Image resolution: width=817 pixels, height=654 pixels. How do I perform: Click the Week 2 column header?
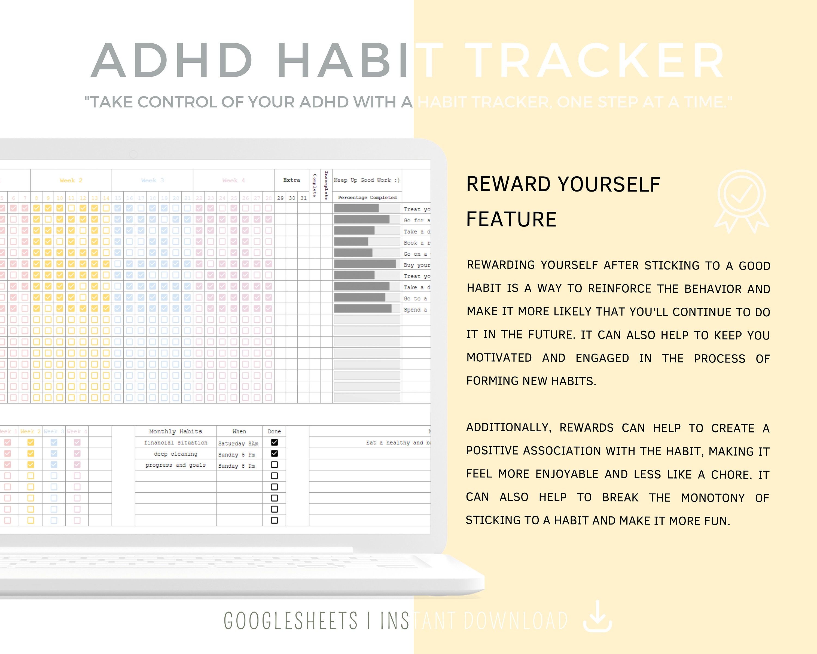click(x=71, y=180)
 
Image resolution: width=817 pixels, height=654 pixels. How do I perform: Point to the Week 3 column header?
click(x=152, y=180)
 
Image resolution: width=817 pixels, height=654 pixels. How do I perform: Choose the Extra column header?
click(x=291, y=180)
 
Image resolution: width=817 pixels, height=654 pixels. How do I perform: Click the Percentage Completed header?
click(x=367, y=198)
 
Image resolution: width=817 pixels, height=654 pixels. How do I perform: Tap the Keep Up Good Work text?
click(x=367, y=180)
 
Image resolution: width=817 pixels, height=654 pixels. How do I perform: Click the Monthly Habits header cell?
click(x=175, y=431)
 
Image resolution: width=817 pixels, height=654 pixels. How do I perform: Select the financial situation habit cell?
click(x=175, y=443)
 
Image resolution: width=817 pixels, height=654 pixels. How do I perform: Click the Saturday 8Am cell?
click(x=238, y=443)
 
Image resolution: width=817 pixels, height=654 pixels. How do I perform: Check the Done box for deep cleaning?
click(x=274, y=453)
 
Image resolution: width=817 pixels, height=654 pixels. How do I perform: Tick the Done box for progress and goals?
click(x=274, y=464)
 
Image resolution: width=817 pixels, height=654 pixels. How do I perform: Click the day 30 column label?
click(x=292, y=198)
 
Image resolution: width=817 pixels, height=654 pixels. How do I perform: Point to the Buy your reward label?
click(x=416, y=265)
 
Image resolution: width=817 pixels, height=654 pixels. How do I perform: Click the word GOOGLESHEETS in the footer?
click(x=290, y=621)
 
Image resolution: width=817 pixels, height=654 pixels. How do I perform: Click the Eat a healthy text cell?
click(x=398, y=443)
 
